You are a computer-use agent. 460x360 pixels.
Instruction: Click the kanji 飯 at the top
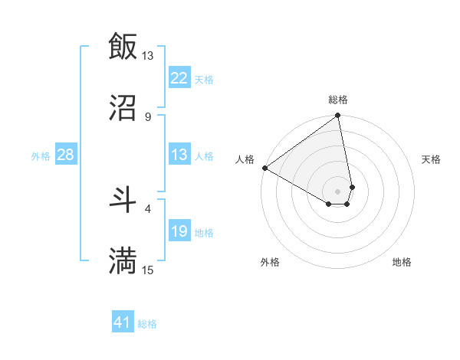tap(123, 46)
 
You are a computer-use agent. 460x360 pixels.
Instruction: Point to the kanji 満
tap(123, 260)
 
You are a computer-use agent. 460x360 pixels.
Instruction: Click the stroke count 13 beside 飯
tap(147, 56)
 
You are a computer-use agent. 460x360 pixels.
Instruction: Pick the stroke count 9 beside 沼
tap(148, 116)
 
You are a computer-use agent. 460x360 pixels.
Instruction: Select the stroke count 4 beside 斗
tap(148, 208)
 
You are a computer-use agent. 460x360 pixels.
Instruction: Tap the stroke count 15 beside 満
tap(147, 270)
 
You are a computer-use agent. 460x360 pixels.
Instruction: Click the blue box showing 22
tap(179, 78)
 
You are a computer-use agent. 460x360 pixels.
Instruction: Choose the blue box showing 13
tap(179, 155)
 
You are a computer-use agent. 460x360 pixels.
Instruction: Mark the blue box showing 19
tap(179, 231)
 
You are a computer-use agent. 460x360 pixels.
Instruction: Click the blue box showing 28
tap(66, 155)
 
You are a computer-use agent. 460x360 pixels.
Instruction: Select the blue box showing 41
tap(123, 322)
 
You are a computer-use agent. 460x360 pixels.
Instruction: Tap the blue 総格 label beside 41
tap(147, 324)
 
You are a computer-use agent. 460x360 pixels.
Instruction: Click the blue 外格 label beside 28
tap(41, 156)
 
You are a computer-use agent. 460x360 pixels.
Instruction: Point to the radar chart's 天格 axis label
tap(431, 159)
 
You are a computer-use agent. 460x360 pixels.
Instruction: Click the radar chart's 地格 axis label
tap(402, 262)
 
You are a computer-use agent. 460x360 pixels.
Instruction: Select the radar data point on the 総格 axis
tap(338, 116)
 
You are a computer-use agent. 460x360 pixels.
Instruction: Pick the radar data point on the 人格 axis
tap(264, 168)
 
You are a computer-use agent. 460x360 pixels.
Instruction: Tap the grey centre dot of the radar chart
tap(338, 191)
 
